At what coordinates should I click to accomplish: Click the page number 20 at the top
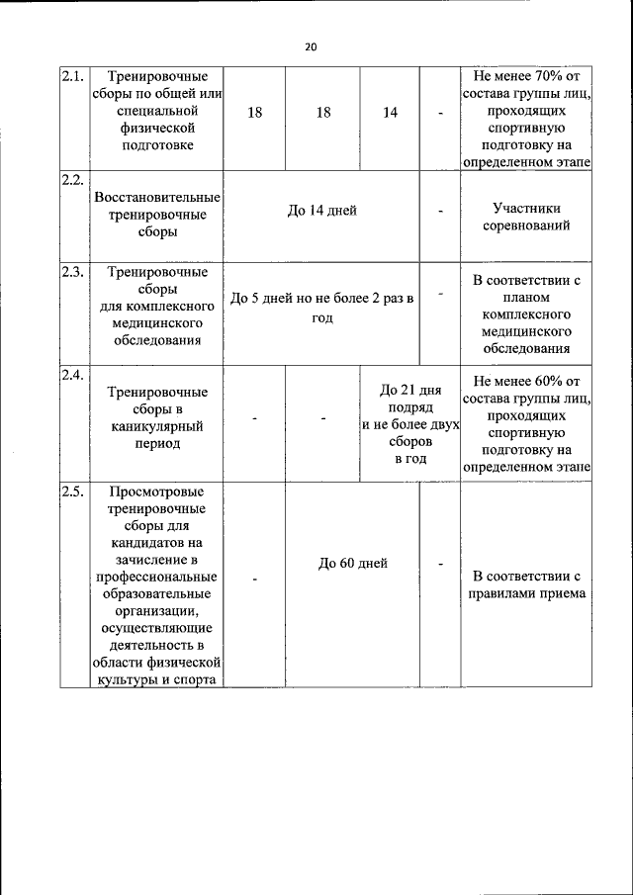click(311, 46)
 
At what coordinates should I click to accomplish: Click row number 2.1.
click(71, 76)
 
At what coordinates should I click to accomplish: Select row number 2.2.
click(71, 179)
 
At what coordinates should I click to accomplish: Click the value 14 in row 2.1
click(391, 113)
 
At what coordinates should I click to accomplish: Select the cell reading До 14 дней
click(322, 210)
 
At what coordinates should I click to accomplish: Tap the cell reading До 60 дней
click(353, 563)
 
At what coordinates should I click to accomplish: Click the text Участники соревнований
click(526, 218)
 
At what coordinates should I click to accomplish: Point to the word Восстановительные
click(157, 198)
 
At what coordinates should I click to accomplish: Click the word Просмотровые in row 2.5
click(157, 492)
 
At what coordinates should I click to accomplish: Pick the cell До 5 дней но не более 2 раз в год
click(322, 308)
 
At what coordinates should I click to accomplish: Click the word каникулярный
click(157, 426)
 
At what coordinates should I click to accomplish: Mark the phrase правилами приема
click(526, 593)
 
